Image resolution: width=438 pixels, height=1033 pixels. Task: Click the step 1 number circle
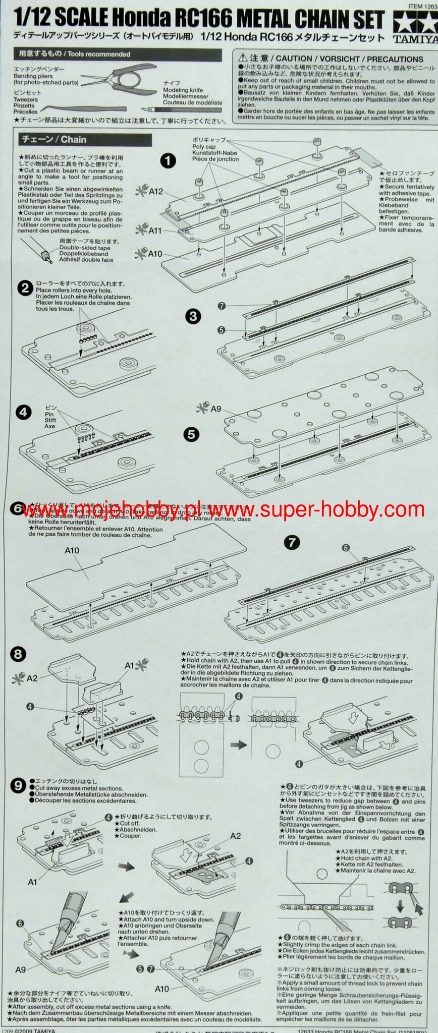click(168, 161)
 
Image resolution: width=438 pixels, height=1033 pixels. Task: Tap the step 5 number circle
click(191, 434)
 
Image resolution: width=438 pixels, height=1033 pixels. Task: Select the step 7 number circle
click(292, 542)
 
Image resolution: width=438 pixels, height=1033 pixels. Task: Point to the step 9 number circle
click(18, 785)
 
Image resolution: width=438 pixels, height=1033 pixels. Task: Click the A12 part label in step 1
click(155, 192)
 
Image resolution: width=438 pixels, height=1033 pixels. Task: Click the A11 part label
click(155, 231)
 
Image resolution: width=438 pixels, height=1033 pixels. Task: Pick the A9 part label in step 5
click(215, 409)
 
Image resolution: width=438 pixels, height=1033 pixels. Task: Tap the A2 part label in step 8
click(32, 678)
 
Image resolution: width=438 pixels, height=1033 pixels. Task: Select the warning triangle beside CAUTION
click(242, 59)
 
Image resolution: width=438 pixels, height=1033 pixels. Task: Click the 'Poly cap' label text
click(204, 146)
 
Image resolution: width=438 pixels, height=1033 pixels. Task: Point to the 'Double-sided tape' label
click(84, 248)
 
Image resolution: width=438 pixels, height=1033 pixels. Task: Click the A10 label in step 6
click(72, 550)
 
